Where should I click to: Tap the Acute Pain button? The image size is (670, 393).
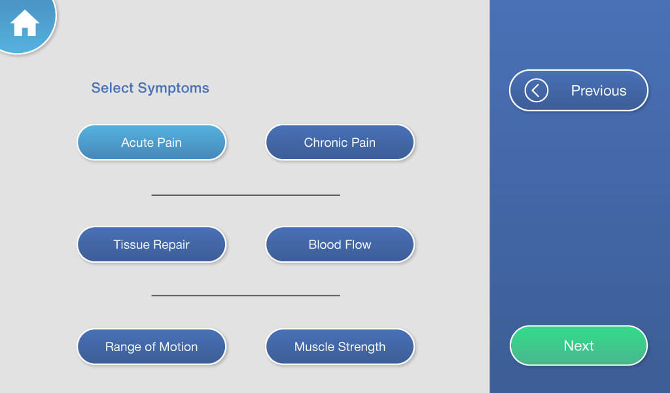(151, 142)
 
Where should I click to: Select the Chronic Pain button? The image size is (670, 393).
(340, 142)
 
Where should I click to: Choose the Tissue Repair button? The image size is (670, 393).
(151, 244)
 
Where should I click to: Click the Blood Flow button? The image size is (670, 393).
(340, 244)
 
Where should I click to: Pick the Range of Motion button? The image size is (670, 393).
(151, 346)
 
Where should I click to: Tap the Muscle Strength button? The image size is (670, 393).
(340, 346)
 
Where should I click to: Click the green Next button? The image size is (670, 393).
(578, 345)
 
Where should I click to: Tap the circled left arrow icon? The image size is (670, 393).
(536, 90)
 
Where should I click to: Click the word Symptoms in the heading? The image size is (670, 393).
(178, 88)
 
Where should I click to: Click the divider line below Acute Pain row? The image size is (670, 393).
(245, 195)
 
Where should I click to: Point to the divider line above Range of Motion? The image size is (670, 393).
(245, 295)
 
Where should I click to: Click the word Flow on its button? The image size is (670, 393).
(357, 244)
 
